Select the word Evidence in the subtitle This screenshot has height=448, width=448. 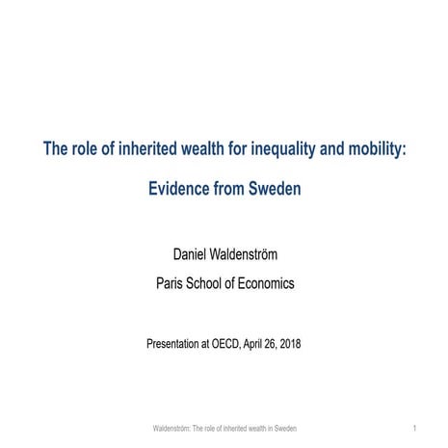click(x=180, y=189)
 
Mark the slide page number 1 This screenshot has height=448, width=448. click(x=413, y=427)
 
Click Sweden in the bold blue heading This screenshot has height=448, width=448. click(x=275, y=189)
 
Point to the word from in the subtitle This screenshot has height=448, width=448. click(x=228, y=189)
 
